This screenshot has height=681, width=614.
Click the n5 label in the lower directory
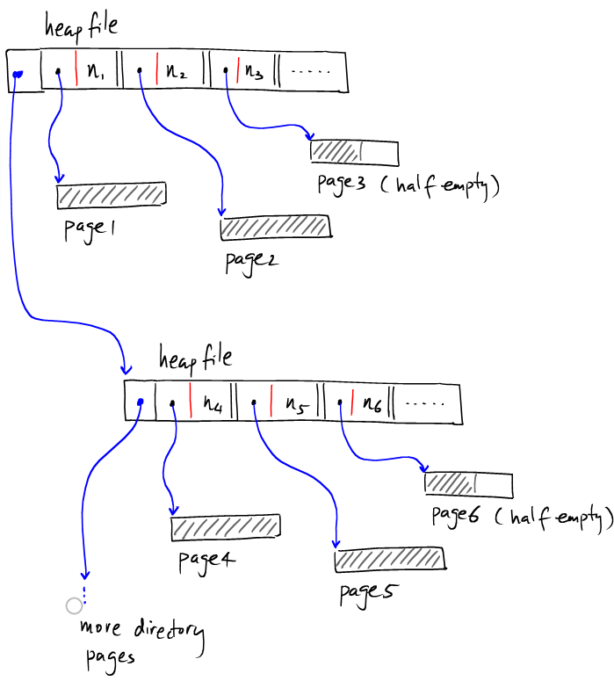tap(294, 405)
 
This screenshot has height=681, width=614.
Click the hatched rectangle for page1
tap(111, 195)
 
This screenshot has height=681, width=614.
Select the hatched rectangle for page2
tap(275, 228)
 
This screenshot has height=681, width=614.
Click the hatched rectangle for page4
tap(226, 527)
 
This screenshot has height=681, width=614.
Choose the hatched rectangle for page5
tap(388, 559)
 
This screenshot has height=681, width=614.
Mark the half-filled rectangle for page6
tap(468, 484)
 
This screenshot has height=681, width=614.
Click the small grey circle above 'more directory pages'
tap(74, 605)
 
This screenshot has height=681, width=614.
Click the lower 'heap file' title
tap(195, 357)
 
